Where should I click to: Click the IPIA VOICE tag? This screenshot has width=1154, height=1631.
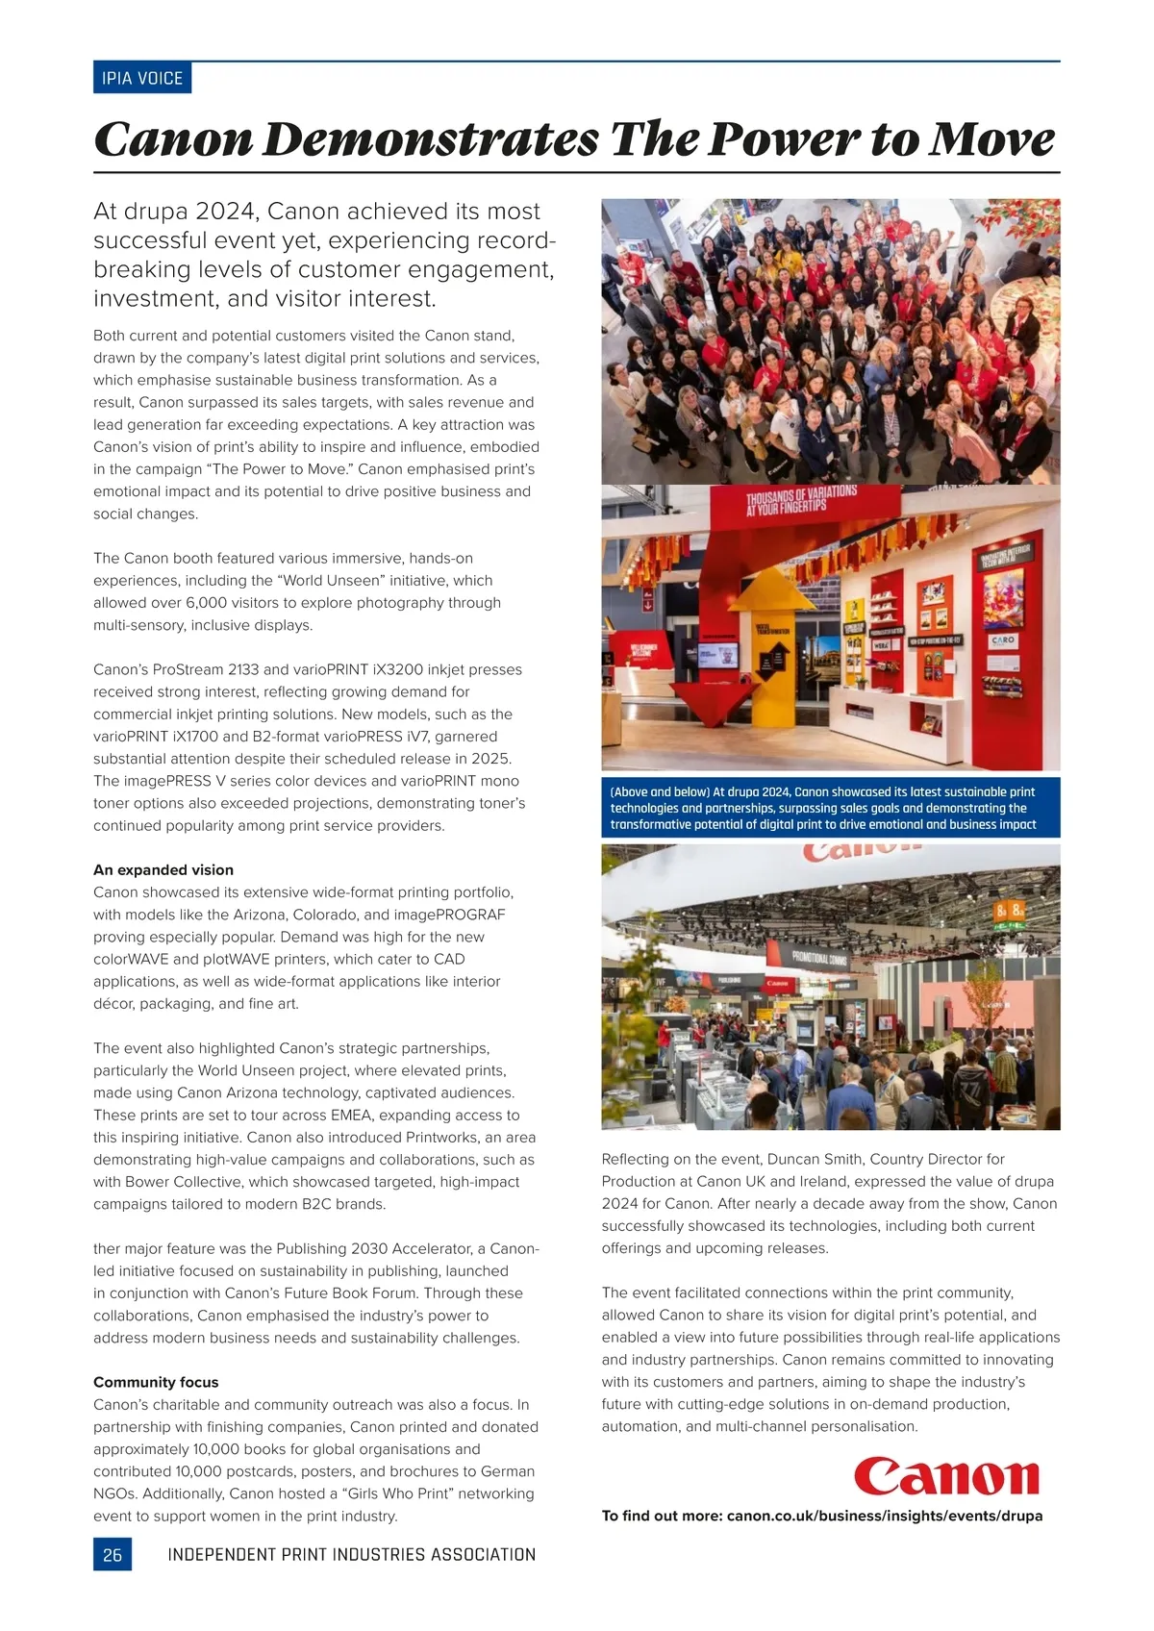coord(142,78)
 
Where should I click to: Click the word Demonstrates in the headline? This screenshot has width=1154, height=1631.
coord(431,139)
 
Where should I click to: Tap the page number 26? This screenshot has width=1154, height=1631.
coord(113,1554)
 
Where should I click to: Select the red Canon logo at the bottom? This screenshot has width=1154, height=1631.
coord(946,1476)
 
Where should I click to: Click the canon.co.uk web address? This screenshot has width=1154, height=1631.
coord(884,1516)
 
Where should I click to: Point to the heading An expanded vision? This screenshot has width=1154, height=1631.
coord(163,869)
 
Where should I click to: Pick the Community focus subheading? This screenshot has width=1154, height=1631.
coord(156,1382)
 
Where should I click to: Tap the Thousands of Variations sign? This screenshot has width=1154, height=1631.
coord(800,500)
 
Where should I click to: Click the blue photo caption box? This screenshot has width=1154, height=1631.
coord(830,808)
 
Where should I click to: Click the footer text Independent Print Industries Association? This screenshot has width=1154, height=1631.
coord(351,1554)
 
